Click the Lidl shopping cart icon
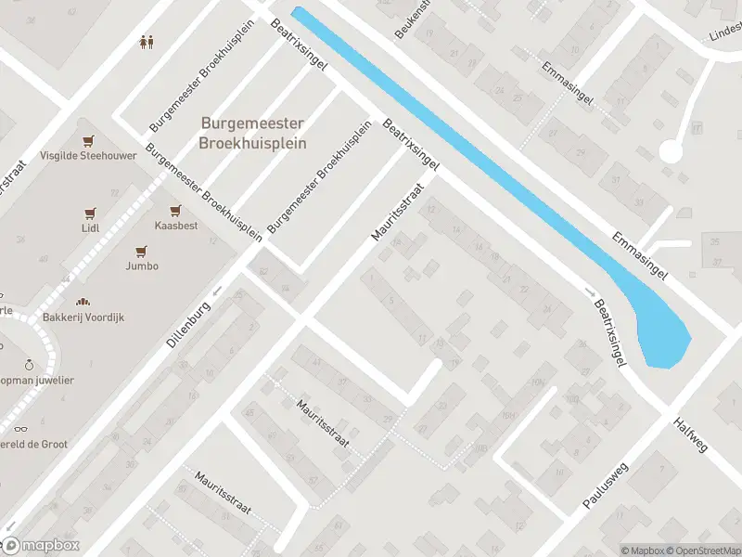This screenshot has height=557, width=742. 90,213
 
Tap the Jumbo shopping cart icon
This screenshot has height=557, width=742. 142,251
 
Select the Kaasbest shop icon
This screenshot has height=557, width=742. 173,211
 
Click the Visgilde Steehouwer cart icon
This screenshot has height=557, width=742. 88,141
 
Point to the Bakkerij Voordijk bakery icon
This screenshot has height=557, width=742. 83,303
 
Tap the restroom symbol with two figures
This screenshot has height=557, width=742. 146,41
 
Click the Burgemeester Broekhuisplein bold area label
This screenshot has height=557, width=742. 252,133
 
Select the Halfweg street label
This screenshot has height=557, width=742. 692,434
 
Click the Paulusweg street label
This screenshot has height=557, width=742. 606,484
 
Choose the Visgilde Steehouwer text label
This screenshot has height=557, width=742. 88,156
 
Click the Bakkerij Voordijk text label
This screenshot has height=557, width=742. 83,317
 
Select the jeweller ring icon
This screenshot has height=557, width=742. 29,365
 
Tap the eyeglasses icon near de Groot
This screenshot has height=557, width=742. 20,430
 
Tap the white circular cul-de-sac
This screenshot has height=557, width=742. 670,151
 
